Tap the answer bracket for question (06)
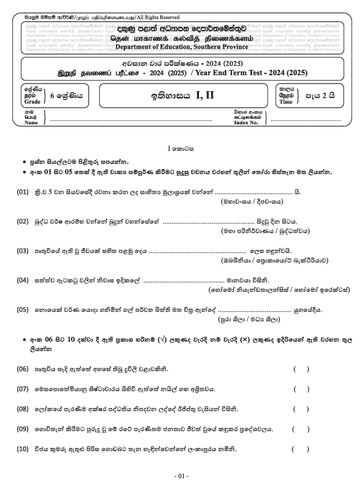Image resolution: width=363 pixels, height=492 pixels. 301,369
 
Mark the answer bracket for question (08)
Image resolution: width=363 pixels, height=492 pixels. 301,409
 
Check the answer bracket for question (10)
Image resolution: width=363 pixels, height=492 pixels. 301,448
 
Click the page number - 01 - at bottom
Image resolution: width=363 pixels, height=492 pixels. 181,475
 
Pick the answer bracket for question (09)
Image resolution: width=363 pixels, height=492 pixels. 301,429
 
